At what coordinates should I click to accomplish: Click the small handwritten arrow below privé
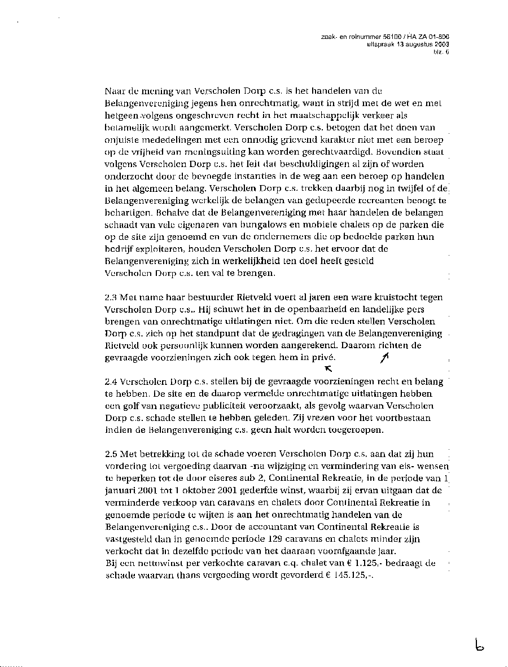(x=328, y=369)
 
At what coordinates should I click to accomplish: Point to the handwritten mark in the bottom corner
(x=480, y=644)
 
